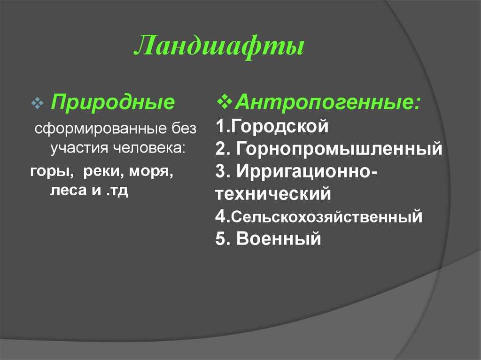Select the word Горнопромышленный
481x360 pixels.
339,149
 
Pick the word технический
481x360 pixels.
274,193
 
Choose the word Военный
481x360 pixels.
279,239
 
